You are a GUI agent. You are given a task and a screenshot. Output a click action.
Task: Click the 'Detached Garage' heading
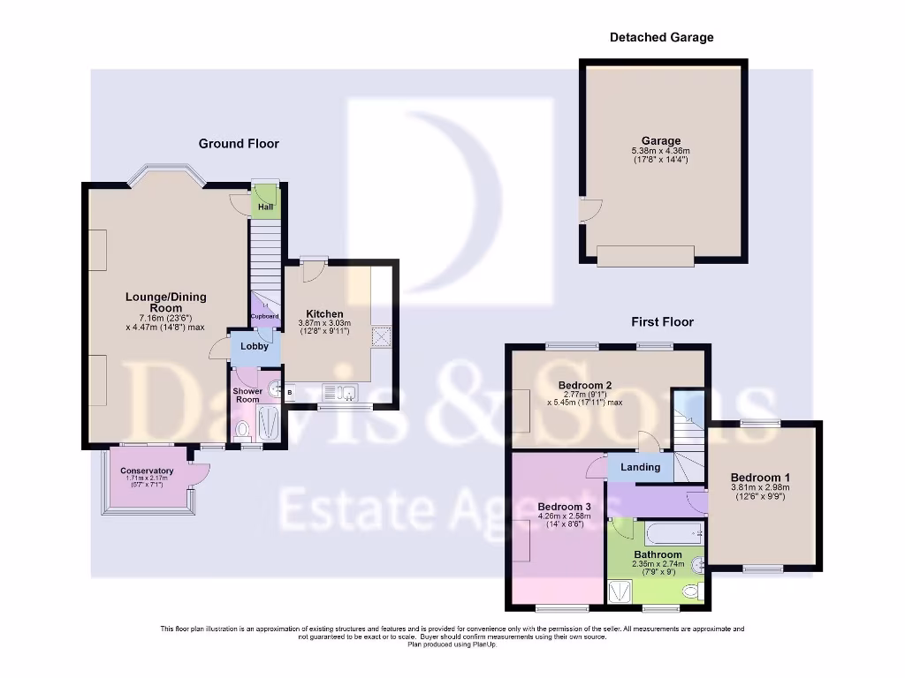(661, 37)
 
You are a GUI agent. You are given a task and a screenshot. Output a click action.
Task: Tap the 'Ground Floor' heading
(239, 143)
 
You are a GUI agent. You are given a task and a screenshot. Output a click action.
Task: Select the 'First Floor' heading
(662, 322)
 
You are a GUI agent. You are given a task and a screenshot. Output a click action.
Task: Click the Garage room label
(661, 140)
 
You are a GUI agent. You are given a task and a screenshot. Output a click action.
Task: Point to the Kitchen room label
(324, 314)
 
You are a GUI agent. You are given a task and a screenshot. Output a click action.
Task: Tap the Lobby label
(255, 346)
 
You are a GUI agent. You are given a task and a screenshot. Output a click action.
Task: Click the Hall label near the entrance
(265, 207)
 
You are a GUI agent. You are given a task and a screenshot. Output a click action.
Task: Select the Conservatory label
(147, 471)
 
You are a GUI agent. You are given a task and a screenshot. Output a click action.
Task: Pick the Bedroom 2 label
(585, 385)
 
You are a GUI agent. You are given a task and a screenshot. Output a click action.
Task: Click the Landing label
(640, 467)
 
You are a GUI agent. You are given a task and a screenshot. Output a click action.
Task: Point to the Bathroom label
(657, 555)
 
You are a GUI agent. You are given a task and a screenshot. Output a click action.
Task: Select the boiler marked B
(289, 393)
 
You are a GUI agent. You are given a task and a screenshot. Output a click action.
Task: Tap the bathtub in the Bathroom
(672, 532)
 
